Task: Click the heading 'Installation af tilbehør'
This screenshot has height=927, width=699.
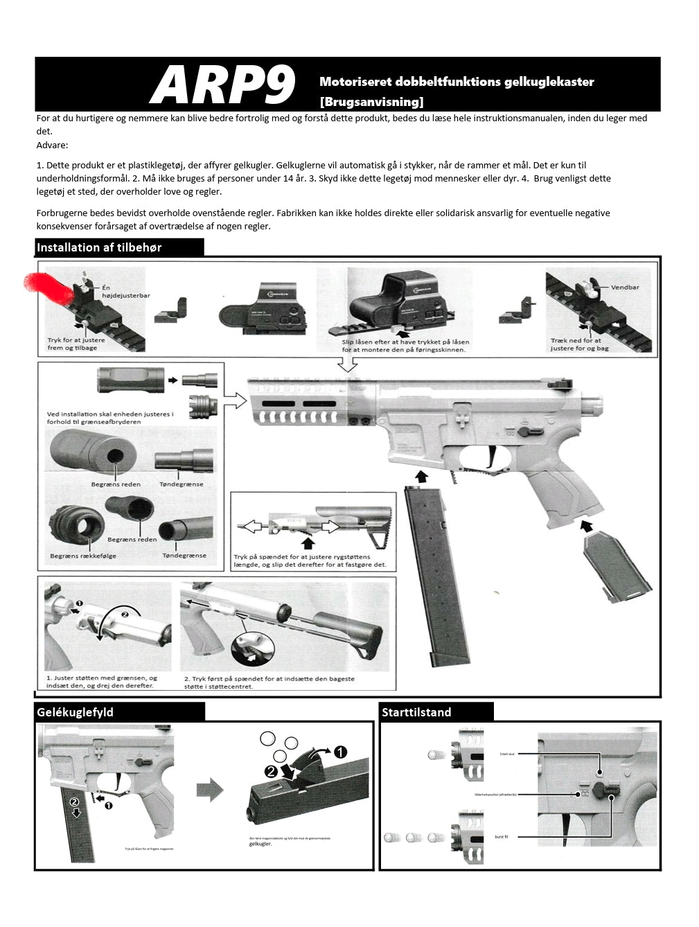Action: tap(99, 247)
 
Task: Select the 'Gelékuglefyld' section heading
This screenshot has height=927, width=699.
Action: tap(75, 712)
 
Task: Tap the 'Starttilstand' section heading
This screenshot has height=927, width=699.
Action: tap(416, 712)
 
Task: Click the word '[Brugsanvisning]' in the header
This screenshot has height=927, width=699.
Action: tap(371, 102)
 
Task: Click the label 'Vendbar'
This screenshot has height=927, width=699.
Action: tap(624, 287)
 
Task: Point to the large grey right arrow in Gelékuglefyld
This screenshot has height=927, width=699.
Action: tap(211, 790)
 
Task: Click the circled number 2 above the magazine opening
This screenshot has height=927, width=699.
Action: tap(271, 770)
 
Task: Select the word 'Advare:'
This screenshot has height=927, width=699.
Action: tap(52, 145)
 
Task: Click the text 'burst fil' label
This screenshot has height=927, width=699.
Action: tap(501, 837)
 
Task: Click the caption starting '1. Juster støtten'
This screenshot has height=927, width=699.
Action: tap(102, 682)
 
